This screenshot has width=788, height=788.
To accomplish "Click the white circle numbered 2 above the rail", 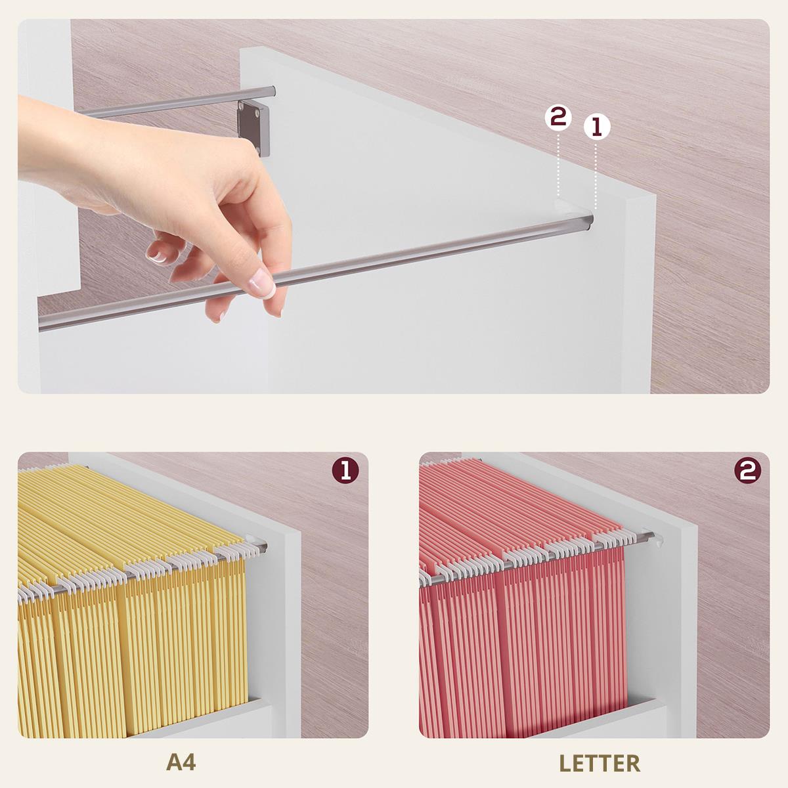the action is click(x=558, y=118).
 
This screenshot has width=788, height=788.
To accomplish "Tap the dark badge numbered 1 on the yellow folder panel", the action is click(x=345, y=470).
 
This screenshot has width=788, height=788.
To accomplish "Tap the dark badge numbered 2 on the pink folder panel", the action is click(x=748, y=470).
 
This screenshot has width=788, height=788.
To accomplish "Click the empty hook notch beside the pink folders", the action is click(x=657, y=540).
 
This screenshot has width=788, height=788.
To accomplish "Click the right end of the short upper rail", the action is click(x=271, y=91).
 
